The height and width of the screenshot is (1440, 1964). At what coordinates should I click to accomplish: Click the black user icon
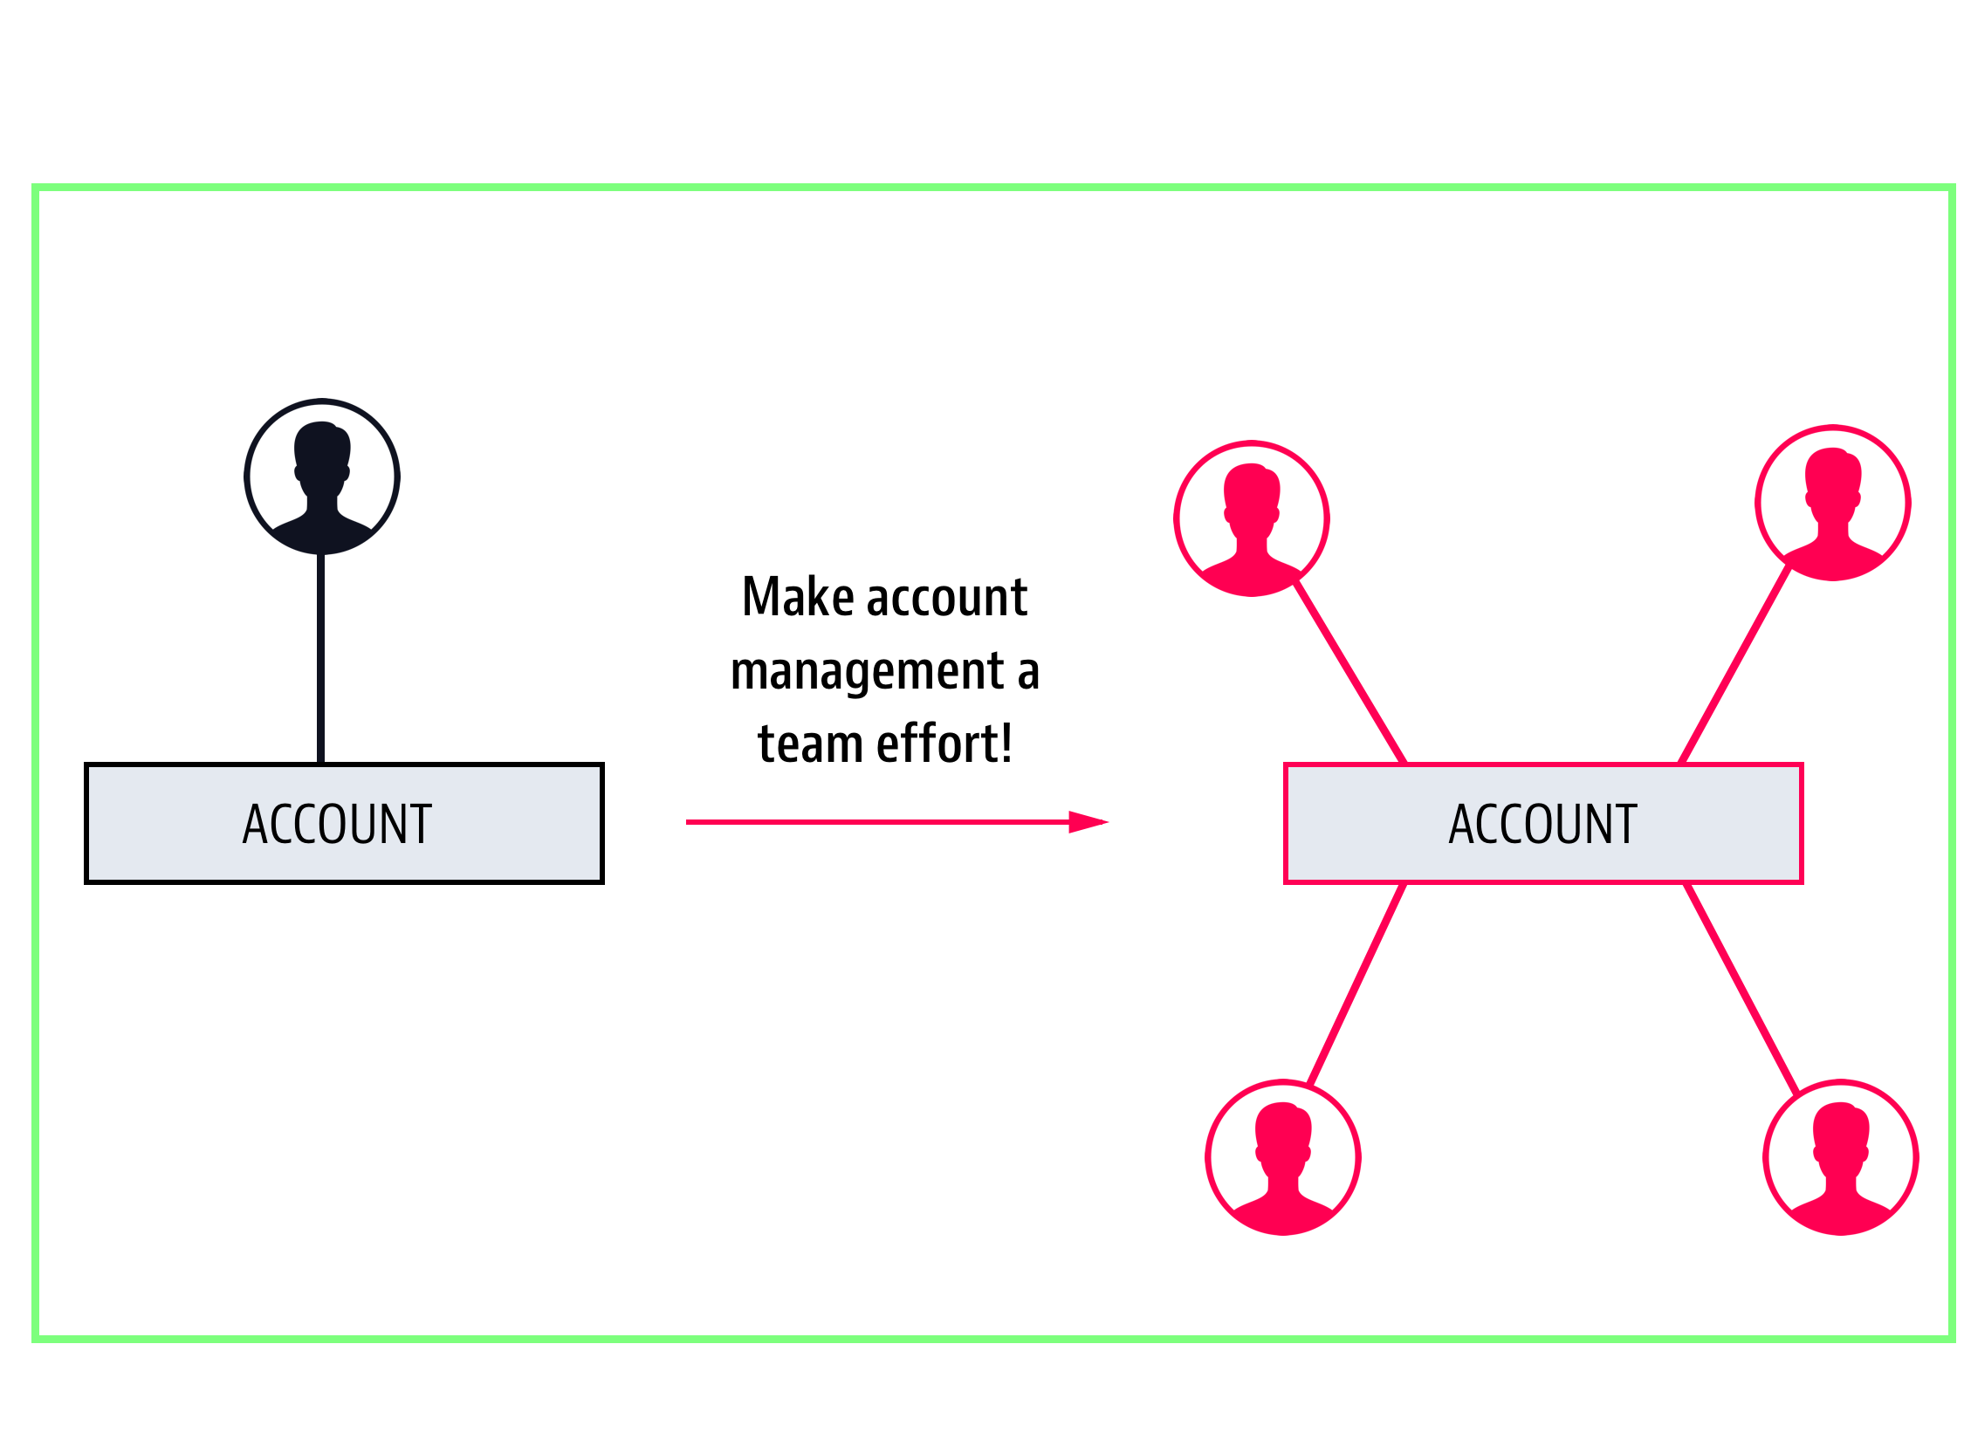[x=322, y=477]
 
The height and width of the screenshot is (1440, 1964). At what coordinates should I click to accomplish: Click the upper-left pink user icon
[x=1252, y=518]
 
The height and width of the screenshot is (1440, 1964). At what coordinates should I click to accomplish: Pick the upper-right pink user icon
[x=1833, y=503]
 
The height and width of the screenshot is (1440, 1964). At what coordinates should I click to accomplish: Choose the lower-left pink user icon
[x=1283, y=1157]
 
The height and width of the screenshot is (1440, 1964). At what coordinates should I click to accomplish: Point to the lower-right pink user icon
[x=1841, y=1157]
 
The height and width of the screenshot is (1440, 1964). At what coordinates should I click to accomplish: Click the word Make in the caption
[x=798, y=597]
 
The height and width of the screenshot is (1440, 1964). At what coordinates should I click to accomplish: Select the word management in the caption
[x=868, y=672]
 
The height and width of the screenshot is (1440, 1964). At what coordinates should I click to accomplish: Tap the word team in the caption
[x=810, y=744]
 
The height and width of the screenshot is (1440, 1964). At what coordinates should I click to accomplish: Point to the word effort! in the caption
[x=944, y=744]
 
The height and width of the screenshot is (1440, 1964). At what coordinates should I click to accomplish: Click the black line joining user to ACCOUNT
[x=321, y=659]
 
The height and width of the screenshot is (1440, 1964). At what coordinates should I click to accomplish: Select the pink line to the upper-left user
[x=1350, y=672]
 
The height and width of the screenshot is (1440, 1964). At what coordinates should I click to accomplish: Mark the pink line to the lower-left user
[x=1356, y=984]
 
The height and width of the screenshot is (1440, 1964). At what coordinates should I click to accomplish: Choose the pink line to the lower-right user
[x=1741, y=988]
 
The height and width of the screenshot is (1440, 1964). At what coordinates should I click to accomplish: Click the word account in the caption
[x=947, y=597]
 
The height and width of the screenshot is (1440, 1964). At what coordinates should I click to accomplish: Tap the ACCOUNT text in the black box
[x=337, y=825]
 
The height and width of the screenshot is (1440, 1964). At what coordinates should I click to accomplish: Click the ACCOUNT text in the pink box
[x=1543, y=825]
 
